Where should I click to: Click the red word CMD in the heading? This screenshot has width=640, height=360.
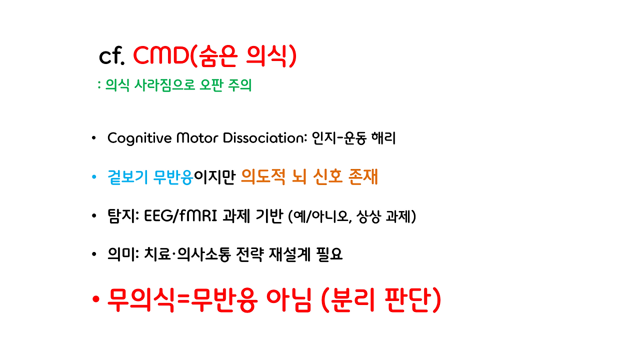(161, 56)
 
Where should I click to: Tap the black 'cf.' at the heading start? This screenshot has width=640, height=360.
(111, 56)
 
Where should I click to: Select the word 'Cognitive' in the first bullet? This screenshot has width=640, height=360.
(138, 138)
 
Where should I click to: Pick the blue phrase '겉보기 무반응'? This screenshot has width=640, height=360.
(150, 177)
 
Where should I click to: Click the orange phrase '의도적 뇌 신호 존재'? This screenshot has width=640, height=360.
(309, 177)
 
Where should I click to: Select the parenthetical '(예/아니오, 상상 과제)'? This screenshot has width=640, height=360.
(352, 217)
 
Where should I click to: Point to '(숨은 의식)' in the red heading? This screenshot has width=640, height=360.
(243, 56)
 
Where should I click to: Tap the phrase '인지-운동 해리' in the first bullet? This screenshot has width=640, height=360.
(353, 138)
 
